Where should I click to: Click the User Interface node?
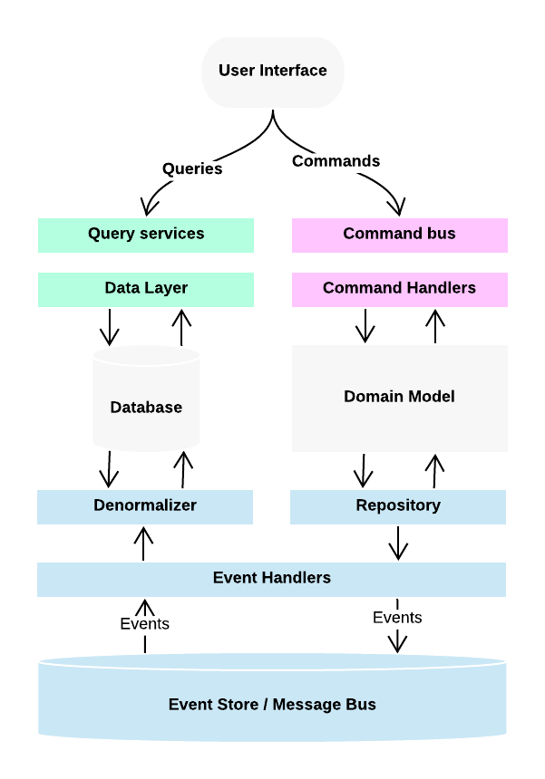pyautogui.click(x=272, y=71)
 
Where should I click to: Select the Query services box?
pyautogui.click(x=146, y=235)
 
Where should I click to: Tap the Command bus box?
pyautogui.click(x=399, y=235)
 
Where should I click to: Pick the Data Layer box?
pyautogui.click(x=146, y=289)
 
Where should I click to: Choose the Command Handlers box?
pyautogui.click(x=399, y=289)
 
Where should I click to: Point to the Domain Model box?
pyautogui.click(x=399, y=397)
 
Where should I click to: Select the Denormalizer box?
pyautogui.click(x=145, y=506)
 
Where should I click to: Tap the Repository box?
pyautogui.click(x=398, y=506)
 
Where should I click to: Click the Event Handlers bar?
pyautogui.click(x=271, y=579)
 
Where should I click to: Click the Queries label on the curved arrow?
pyautogui.click(x=192, y=168)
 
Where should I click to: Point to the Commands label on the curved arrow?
pyautogui.click(x=336, y=161)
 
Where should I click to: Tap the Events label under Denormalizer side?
pyautogui.click(x=144, y=624)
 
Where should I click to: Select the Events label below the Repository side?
pyautogui.click(x=397, y=618)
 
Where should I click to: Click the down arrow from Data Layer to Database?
pyautogui.click(x=110, y=326)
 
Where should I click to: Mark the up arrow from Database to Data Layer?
pyautogui.click(x=181, y=326)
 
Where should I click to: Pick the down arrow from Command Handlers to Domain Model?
pyautogui.click(x=365, y=325)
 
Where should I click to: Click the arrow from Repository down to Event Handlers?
pyautogui.click(x=397, y=543)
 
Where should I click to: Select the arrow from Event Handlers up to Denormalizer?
pyautogui.click(x=143, y=543)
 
